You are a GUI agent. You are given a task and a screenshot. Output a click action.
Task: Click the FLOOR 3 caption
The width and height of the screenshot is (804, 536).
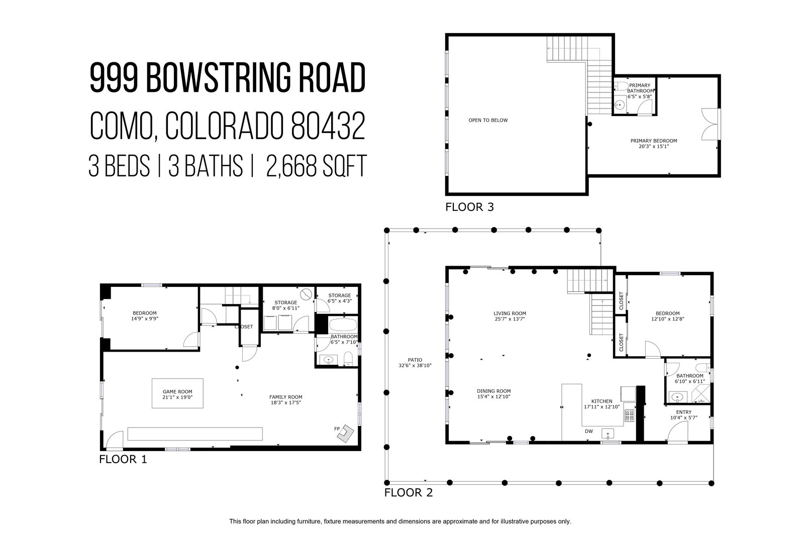(x=469, y=207)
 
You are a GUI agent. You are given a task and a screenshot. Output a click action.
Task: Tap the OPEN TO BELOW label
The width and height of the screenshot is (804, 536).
(x=488, y=120)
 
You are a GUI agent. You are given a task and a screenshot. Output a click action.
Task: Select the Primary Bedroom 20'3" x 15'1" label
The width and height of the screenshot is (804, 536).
(x=654, y=144)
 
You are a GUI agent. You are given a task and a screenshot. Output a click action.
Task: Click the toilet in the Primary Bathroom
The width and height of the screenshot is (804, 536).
(x=621, y=86)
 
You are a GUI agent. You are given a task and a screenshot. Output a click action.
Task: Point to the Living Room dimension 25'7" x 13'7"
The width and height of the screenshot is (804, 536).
(x=510, y=318)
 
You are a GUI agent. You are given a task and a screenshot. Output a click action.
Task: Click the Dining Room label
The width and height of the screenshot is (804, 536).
(x=494, y=391)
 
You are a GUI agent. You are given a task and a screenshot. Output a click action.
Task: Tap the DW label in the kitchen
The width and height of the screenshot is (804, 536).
(x=589, y=431)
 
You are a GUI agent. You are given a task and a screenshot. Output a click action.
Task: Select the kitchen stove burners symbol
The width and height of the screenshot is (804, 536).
(x=630, y=415)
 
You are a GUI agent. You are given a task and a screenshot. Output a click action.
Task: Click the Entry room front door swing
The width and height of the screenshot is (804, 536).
(x=677, y=431)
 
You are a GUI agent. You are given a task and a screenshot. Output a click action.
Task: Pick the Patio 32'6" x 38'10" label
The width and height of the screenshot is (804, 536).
(x=415, y=363)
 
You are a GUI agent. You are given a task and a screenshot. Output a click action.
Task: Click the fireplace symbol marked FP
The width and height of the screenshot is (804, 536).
(x=345, y=434)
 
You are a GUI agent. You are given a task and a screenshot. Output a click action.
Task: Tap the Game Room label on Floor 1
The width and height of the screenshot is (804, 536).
(x=177, y=392)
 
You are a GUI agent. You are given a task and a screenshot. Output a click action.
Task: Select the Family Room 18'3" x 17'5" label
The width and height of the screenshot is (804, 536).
(x=286, y=400)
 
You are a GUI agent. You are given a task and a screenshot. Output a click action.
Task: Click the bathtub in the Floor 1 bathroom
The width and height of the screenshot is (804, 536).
(x=343, y=325)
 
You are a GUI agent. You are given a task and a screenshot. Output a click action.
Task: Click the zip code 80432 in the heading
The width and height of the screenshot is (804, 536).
(x=328, y=126)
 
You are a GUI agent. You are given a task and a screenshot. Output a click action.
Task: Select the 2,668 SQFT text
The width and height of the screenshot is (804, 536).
(x=316, y=166)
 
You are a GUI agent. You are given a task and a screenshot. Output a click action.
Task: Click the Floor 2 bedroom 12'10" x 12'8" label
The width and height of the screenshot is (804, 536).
(x=668, y=316)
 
